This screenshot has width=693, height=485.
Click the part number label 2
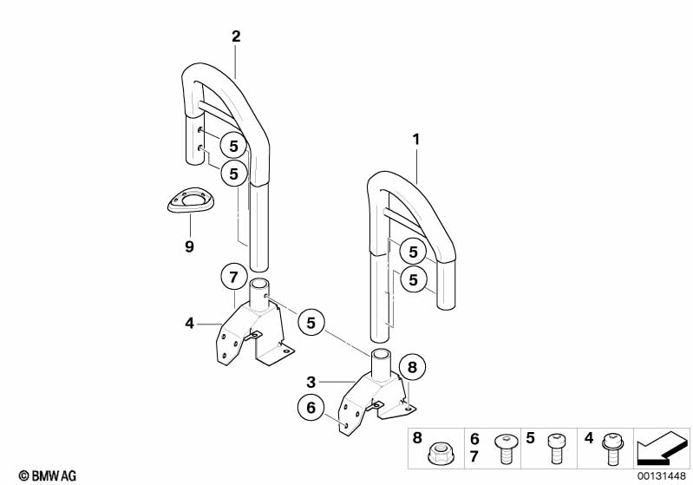(236, 36)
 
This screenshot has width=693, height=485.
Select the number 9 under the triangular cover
(189, 247)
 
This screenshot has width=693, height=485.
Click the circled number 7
(232, 278)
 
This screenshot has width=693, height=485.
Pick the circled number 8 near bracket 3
(412, 367)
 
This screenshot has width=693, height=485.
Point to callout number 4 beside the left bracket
(189, 323)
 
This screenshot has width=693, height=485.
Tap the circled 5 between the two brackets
(311, 323)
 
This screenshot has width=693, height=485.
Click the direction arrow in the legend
(664, 448)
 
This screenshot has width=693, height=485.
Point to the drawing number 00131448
(664, 475)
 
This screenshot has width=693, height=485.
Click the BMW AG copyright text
(42, 475)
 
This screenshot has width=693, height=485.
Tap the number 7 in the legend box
(474, 456)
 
